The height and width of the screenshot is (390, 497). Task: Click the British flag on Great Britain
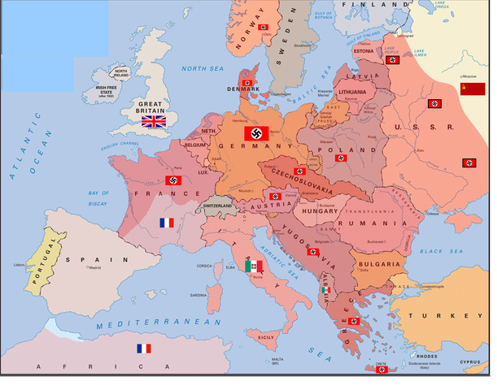click(153, 122)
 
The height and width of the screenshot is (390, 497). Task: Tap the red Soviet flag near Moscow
click(473, 89)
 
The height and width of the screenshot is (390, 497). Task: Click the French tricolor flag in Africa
click(144, 349)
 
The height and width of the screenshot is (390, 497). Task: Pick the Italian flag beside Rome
click(255, 266)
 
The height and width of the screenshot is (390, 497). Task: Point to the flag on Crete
click(381, 370)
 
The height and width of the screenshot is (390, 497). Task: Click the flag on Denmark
click(246, 83)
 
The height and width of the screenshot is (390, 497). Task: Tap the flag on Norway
click(263, 28)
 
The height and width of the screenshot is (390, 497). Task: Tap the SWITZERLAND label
click(218, 206)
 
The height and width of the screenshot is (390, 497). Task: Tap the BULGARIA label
click(379, 264)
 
